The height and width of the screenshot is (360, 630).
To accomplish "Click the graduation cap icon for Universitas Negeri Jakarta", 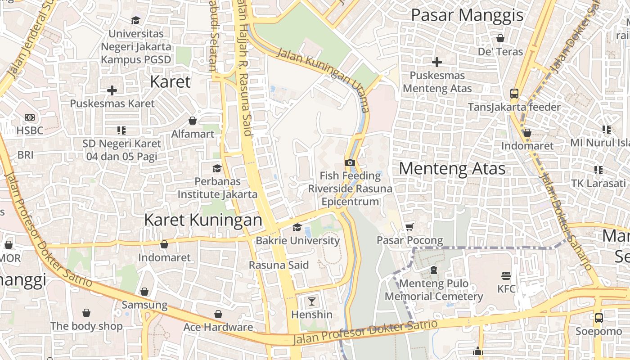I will click(x=135, y=20).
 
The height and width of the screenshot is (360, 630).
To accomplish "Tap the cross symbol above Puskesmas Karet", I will click(x=112, y=90).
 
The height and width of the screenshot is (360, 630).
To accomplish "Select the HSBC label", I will click(x=30, y=130).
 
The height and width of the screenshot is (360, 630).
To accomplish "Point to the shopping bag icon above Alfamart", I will click(x=193, y=121).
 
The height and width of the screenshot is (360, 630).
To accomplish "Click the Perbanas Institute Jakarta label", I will click(x=217, y=188).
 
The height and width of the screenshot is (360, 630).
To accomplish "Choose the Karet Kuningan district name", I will click(x=203, y=220).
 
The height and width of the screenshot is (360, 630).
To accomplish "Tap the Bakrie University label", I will click(x=297, y=240).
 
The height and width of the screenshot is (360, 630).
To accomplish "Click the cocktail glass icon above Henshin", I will click(x=311, y=301).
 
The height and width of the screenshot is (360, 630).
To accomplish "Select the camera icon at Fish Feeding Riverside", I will click(x=350, y=162).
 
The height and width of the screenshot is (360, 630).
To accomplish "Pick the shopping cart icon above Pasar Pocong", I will click(x=409, y=227).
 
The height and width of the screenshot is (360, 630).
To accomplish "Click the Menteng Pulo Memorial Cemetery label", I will click(x=433, y=290).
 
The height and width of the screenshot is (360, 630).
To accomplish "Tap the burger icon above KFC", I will click(x=506, y=275).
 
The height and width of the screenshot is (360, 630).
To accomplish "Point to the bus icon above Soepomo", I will click(x=598, y=318).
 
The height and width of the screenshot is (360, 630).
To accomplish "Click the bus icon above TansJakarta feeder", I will click(x=514, y=94).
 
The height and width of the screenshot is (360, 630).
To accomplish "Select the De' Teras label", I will click(x=500, y=52).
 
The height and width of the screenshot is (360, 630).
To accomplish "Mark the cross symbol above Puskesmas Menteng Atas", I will click(x=437, y=62).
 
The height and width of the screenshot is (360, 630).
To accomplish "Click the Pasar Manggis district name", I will click(x=468, y=15).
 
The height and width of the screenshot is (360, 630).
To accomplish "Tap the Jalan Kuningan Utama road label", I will click(x=323, y=79).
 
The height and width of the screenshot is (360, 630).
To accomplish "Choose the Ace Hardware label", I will click(x=218, y=327).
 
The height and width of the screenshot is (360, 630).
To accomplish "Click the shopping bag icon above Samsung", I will click(x=144, y=292).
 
